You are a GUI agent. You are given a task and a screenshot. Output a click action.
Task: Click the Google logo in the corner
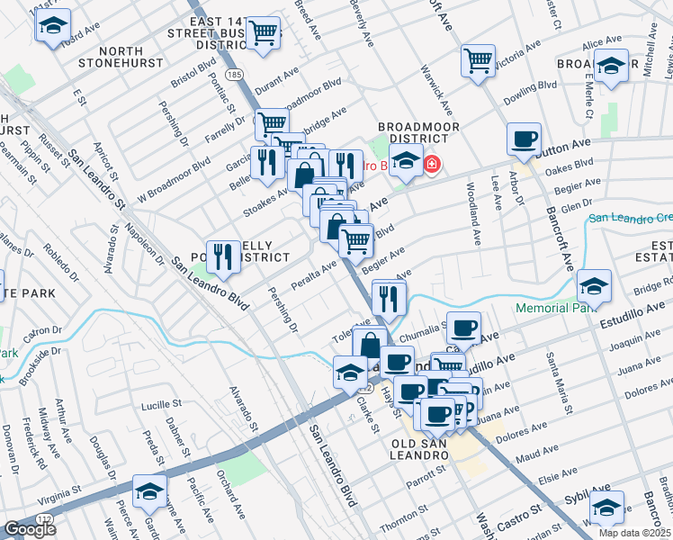click(x=30, y=529)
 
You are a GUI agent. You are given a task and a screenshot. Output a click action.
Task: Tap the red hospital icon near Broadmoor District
click(x=433, y=165)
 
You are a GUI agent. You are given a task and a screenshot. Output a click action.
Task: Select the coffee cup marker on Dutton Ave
click(x=524, y=140)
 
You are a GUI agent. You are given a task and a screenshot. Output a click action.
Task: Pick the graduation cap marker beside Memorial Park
click(x=594, y=287)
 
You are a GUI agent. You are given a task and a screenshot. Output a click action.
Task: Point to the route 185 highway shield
click(x=233, y=73)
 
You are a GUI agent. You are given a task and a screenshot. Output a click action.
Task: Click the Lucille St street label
click(x=163, y=407)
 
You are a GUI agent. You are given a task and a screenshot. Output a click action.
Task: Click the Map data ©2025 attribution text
click(x=634, y=533)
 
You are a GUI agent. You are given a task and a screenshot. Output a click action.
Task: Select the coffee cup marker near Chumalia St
click(x=463, y=328)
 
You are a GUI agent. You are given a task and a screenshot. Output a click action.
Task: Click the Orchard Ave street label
click(x=229, y=494)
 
